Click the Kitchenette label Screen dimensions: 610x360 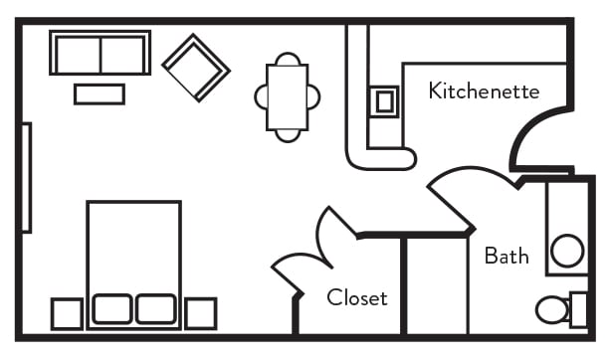click(484, 91)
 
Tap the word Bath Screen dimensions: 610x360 click(507, 256)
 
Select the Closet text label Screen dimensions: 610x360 click(357, 297)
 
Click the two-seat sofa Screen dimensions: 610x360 click(100, 53)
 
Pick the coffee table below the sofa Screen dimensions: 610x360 click(100, 94)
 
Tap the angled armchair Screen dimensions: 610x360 click(196, 67)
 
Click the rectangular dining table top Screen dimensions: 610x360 click(288, 96)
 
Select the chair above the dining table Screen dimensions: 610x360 click(288, 59)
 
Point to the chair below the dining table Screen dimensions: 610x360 click(288, 134)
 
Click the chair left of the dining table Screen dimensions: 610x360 click(261, 96)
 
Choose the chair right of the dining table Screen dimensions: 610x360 click(314, 96)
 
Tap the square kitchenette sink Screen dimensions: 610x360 click(384, 99)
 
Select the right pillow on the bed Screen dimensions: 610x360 click(156, 308)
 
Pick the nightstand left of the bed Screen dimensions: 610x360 click(67, 313)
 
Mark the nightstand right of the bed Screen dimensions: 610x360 click(200, 313)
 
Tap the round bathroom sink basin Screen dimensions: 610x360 click(567, 251)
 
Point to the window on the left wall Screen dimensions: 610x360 click(26, 177)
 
